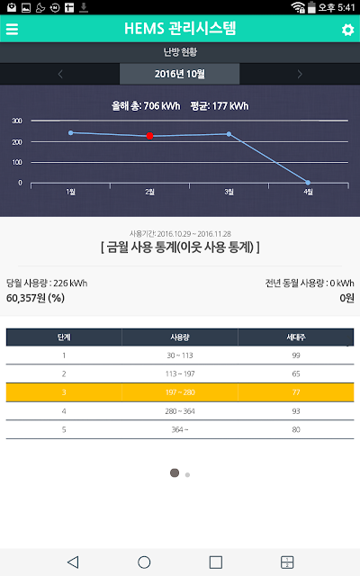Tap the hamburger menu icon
[x=12, y=29]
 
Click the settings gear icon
[x=347, y=30]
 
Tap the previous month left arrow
[x=60, y=74]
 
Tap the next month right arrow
[x=300, y=74]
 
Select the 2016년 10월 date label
[x=180, y=74]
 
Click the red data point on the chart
[x=149, y=136]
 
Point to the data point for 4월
[x=308, y=183]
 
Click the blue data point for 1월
[x=70, y=132]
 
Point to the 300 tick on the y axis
[x=17, y=121]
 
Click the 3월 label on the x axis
[x=229, y=192]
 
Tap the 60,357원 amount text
[x=26, y=298]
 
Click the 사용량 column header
[x=180, y=337]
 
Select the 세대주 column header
[x=296, y=337]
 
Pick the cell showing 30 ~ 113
[x=180, y=355]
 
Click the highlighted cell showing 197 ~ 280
[x=180, y=392]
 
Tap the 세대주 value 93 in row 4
[x=296, y=411]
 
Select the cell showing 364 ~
[x=180, y=429]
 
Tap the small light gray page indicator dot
[x=187, y=474]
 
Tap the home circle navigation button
[x=144, y=562]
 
